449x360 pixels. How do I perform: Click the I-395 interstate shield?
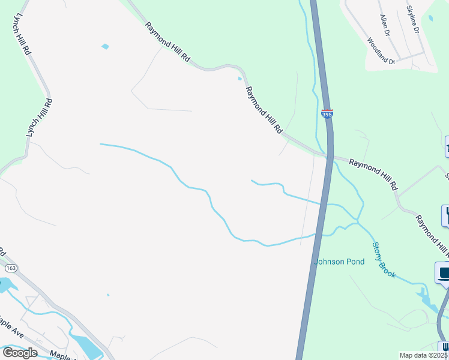(x=327, y=113)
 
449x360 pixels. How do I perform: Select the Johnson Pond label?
(x=339, y=262)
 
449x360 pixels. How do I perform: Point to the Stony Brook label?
(x=384, y=259)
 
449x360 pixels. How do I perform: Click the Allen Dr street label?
(x=384, y=26)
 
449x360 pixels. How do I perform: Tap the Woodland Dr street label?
(x=381, y=52)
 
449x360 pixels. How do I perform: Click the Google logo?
(x=20, y=352)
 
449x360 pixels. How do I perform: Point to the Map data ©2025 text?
(x=424, y=355)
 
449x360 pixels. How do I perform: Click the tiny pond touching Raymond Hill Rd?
(x=240, y=78)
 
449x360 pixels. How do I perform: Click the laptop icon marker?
(x=443, y=273)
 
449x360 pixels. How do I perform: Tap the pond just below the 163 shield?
(x=9, y=286)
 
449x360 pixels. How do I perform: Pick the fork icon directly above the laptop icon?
(x=446, y=215)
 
